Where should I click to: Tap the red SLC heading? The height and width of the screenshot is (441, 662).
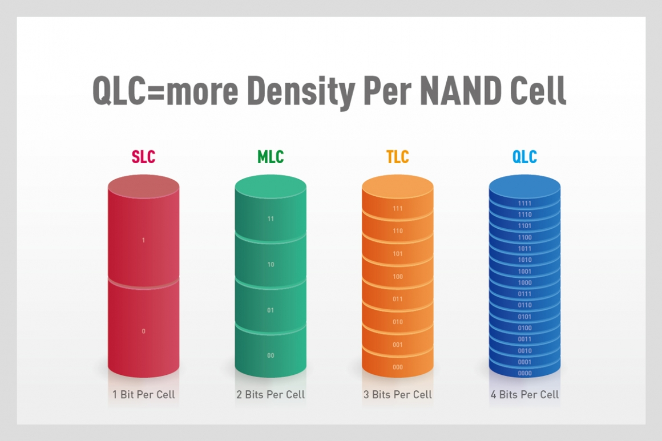143,157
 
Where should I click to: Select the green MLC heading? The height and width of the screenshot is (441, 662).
271,157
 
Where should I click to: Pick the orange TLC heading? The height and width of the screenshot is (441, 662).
397,157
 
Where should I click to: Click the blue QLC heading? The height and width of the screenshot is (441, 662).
524,157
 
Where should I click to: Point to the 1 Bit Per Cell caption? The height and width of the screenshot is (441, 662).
143,394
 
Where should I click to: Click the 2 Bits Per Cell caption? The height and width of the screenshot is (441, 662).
271,394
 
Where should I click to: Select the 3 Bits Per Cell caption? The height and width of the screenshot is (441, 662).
397,394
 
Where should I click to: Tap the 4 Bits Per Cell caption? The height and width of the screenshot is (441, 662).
524,394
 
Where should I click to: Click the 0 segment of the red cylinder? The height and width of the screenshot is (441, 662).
143,331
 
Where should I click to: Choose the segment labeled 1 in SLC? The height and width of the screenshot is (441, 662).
143,240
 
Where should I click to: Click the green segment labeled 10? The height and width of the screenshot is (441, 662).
271,265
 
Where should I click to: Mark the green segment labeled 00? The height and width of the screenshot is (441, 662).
271,355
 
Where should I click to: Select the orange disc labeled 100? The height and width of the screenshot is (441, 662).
397,277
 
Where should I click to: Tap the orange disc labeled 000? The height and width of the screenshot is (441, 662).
397,367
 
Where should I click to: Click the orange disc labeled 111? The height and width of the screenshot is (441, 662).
397,209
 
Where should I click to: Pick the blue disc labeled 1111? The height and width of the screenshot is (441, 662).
524,203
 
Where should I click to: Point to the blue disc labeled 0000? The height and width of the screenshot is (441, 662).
524,373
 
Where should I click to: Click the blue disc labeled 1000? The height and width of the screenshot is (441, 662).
524,282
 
